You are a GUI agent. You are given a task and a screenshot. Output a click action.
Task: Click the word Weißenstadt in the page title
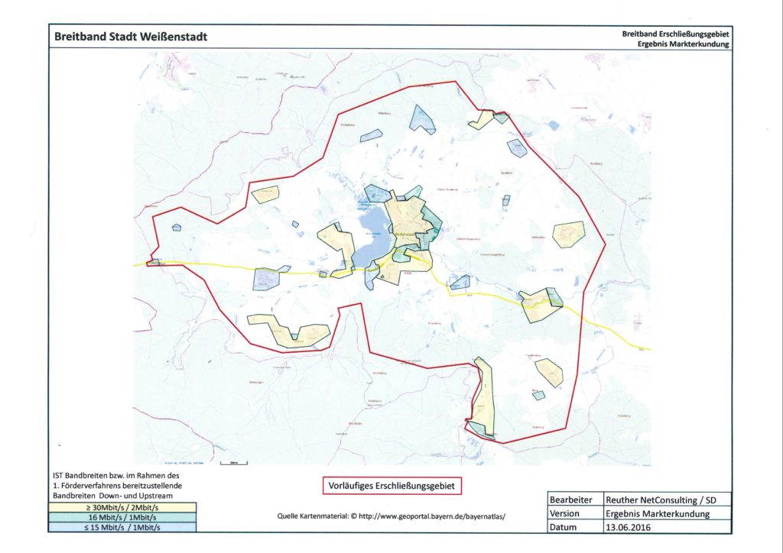point(174,37)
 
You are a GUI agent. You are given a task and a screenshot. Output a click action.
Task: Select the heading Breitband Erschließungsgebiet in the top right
point(676,34)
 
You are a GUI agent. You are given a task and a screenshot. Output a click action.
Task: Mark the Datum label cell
point(564,527)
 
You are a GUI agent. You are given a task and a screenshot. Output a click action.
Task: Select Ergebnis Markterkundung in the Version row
point(657,513)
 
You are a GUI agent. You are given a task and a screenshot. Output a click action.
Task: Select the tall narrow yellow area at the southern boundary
point(484,393)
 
